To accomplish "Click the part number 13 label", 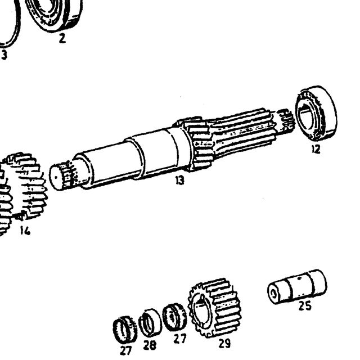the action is point(180,181).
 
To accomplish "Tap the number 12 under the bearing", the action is point(316,150).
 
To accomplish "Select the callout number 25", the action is point(305,306).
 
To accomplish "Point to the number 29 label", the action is point(224,344).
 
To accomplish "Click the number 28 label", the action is point(150,345).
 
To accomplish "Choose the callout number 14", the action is point(25,231).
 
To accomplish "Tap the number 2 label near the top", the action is point(62,38).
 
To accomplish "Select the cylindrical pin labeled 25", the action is point(298,286).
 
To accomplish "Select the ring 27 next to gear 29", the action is point(174,317).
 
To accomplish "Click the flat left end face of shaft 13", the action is point(56,178).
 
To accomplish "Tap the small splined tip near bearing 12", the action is point(285,121).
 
